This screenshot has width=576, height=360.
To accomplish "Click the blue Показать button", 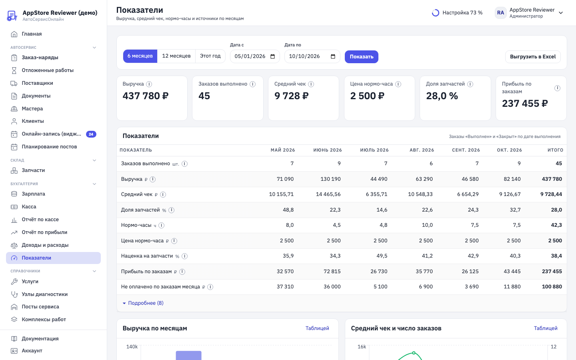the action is coord(361,56).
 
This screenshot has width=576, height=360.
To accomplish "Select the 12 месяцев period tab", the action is coord(176,56).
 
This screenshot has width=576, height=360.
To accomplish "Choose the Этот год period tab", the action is coord(210,56).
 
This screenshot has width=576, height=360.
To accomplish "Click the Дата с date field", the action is coord(254,56).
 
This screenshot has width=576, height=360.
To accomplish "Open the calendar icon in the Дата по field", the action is coord(333,56).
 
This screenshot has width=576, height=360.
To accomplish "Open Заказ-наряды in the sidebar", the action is coord(40,57).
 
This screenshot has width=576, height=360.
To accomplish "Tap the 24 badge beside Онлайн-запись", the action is coord(91,134).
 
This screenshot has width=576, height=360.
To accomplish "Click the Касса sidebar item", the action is coord(29,206).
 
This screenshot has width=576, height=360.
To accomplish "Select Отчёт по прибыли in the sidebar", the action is coord(44,232).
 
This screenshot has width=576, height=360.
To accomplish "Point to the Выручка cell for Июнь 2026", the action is coord(330,179).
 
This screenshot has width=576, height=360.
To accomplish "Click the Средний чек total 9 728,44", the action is coord(551,194).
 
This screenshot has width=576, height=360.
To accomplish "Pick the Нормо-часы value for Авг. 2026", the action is coord(427,225).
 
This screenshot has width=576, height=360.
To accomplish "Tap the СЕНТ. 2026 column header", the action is coord(466,150).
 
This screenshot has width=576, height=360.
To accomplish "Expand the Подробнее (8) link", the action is coord(146,303).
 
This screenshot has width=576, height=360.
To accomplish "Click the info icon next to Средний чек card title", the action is coord(311,84).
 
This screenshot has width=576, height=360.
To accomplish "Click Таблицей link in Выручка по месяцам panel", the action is coord(317,328).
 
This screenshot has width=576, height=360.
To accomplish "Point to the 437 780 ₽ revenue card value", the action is coord(145,96).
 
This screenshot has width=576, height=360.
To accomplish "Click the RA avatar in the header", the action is coord(500,13).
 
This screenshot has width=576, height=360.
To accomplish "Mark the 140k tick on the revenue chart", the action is coord(132,347).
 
